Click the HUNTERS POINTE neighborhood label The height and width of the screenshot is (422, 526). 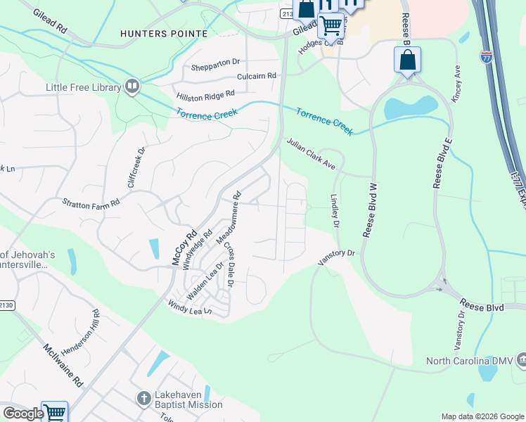pos(164,34)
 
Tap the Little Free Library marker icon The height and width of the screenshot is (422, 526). pos(131,87)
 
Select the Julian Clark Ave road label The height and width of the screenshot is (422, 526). pos(311,154)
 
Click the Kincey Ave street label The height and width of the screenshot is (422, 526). pos(456,84)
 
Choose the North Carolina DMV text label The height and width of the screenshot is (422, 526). pos(470,361)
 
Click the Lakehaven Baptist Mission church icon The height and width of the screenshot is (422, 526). pos(143,397)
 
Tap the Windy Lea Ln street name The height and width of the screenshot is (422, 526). pos(189,307)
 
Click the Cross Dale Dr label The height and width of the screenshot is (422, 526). pos(228,264)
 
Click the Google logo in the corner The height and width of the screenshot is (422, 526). pos(23,414)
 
